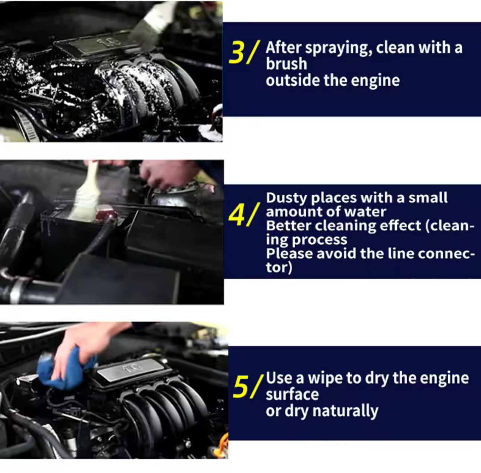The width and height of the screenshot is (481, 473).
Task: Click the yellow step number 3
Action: click(237, 53)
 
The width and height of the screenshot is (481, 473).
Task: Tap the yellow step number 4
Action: click(238, 216)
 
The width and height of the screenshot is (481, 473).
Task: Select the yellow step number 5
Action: click(242, 387)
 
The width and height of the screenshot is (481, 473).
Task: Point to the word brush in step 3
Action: click(286, 64)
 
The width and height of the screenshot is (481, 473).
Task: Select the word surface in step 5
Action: click(292, 395)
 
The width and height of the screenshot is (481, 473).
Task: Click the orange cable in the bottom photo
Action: click(223, 444)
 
